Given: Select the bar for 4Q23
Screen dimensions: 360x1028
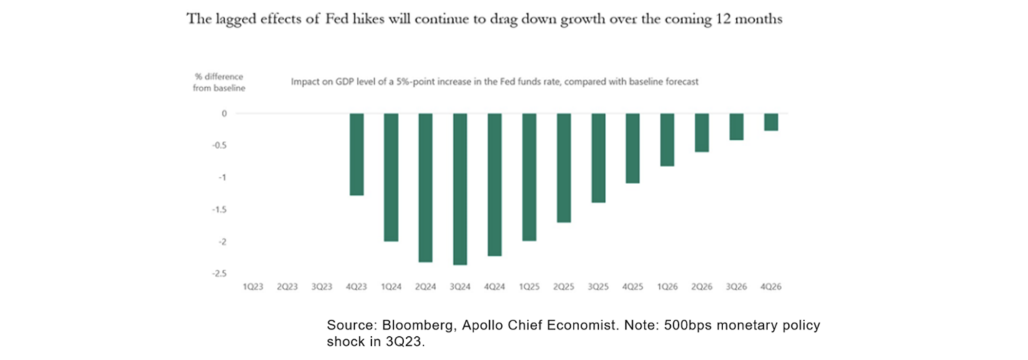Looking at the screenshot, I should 356,154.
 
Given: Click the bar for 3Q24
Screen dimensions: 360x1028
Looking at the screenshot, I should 460,189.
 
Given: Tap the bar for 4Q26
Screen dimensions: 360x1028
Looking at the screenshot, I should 771,122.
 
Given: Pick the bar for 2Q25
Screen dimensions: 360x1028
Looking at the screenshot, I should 563,168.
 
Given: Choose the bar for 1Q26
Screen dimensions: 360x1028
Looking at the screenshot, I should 667,139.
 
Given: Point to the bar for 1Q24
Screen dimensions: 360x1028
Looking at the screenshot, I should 391,177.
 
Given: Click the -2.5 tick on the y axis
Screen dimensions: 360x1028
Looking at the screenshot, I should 220,273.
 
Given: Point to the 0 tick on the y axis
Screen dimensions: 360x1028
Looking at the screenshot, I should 224,113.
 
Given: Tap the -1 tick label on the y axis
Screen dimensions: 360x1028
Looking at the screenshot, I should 222,177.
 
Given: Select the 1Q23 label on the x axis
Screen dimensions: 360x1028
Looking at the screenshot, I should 253,287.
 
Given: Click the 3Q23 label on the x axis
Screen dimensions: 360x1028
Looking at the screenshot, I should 322,287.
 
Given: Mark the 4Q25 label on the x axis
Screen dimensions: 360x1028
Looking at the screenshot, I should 633,287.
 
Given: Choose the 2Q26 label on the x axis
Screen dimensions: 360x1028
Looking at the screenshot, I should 702,287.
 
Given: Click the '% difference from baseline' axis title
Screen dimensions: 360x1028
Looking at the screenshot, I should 219,83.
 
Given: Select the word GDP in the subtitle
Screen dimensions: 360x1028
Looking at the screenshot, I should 345,81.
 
